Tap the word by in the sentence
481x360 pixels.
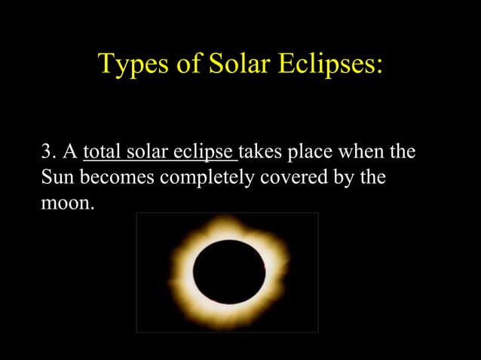point(341,178)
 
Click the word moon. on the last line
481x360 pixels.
point(68,203)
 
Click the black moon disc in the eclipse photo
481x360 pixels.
point(228,271)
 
